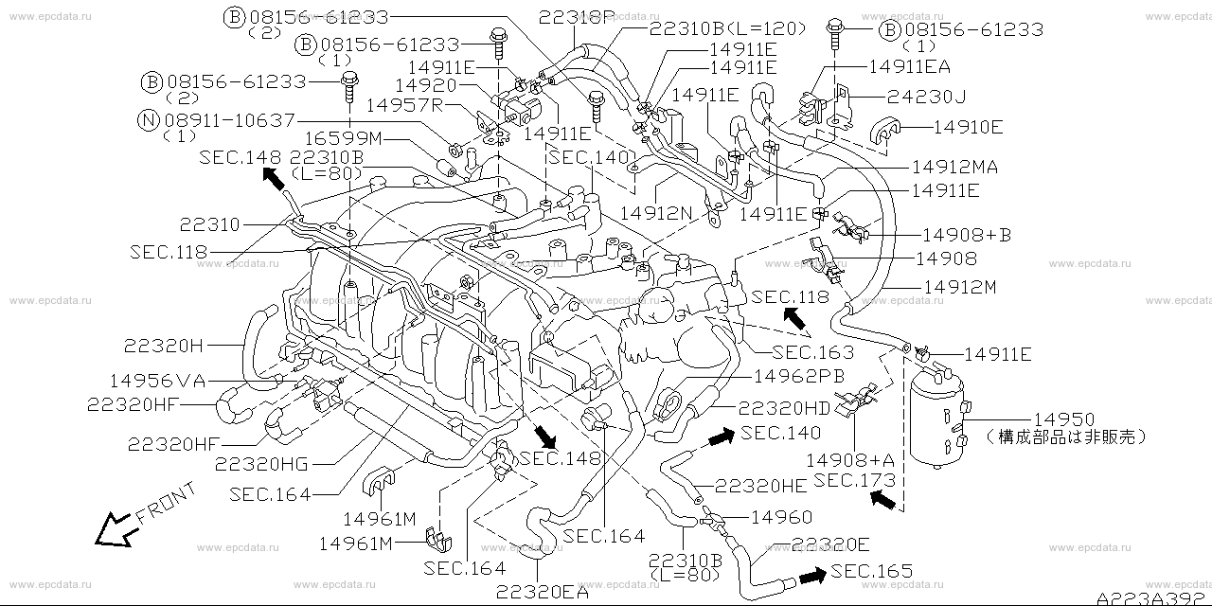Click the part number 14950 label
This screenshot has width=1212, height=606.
[1064, 419]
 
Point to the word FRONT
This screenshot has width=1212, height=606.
[166, 503]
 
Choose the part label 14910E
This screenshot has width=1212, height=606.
[968, 127]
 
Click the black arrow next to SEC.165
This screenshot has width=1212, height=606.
[812, 576]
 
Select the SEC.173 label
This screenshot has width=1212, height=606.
[855, 480]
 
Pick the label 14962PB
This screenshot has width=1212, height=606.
[798, 376]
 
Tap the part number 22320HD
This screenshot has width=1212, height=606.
[785, 408]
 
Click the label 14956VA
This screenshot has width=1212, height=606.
[157, 381]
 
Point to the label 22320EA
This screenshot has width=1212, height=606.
[543, 593]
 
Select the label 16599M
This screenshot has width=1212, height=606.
[343, 138]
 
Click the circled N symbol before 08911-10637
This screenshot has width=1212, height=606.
[149, 120]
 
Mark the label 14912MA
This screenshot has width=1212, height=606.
[955, 168]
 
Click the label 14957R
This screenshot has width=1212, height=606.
[404, 105]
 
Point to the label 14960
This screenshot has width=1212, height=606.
[782, 517]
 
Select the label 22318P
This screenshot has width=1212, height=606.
[578, 18]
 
